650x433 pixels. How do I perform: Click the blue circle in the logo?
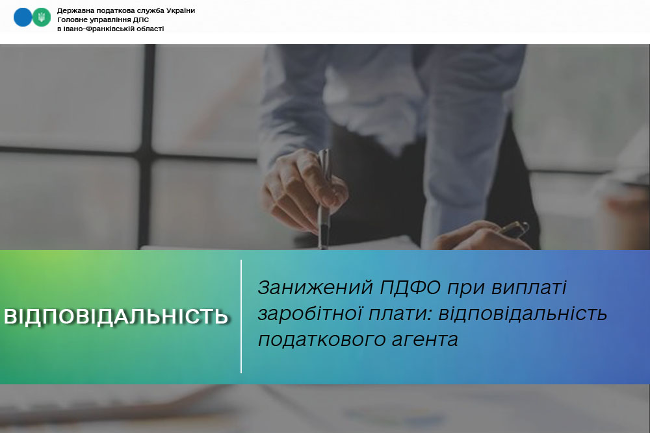(x=23, y=18)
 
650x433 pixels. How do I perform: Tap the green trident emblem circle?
(x=42, y=18)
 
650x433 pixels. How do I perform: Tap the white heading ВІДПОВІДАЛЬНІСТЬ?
(x=116, y=317)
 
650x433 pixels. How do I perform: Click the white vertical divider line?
(x=241, y=317)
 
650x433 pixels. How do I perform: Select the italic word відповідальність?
(x=523, y=314)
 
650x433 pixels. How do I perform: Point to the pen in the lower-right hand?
(x=513, y=229)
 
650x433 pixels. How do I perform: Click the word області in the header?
(x=147, y=29)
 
